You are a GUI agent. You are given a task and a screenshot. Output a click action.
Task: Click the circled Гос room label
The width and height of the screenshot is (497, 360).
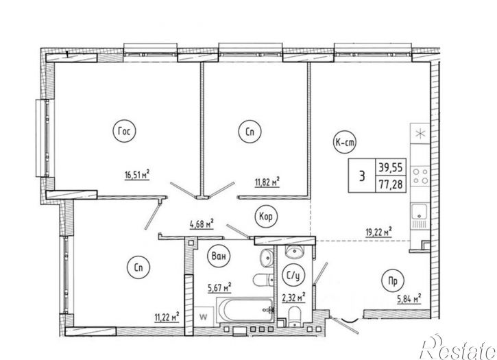coord(124,131)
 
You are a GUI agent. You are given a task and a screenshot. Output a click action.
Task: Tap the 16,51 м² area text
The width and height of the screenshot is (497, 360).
coord(137,175)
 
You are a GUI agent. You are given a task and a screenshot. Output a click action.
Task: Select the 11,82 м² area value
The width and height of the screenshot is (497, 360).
coord(267,182)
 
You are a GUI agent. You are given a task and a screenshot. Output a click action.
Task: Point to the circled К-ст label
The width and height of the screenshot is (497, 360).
coord(345,143)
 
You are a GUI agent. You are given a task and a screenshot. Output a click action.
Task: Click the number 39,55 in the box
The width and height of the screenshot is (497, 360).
coord(391,167)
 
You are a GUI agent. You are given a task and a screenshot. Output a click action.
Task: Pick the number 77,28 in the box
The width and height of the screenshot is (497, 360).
coord(391,184)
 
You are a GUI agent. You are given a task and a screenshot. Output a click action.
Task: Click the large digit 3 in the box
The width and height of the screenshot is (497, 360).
coord(362,176)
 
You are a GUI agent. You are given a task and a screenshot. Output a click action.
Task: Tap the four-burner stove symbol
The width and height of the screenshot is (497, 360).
coord(420,176)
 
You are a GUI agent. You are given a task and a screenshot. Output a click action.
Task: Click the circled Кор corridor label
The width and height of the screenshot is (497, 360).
coord(265,217)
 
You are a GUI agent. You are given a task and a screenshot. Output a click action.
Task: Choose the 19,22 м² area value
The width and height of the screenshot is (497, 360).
coord(379,232)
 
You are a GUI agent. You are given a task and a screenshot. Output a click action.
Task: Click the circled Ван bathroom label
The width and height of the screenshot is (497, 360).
coord(218,256)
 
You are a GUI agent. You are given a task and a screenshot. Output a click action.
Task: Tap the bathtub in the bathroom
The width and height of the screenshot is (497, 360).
coord(245,310)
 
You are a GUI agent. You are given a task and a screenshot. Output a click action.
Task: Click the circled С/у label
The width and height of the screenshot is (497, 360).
coord(293,276)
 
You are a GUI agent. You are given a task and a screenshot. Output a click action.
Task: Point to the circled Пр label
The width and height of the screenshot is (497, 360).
coord(393,280)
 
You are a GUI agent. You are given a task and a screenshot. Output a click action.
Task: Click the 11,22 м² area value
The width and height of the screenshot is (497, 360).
coord(167,317)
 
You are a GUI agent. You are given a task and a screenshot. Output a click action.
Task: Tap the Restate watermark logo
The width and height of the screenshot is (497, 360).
coord(458,348)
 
